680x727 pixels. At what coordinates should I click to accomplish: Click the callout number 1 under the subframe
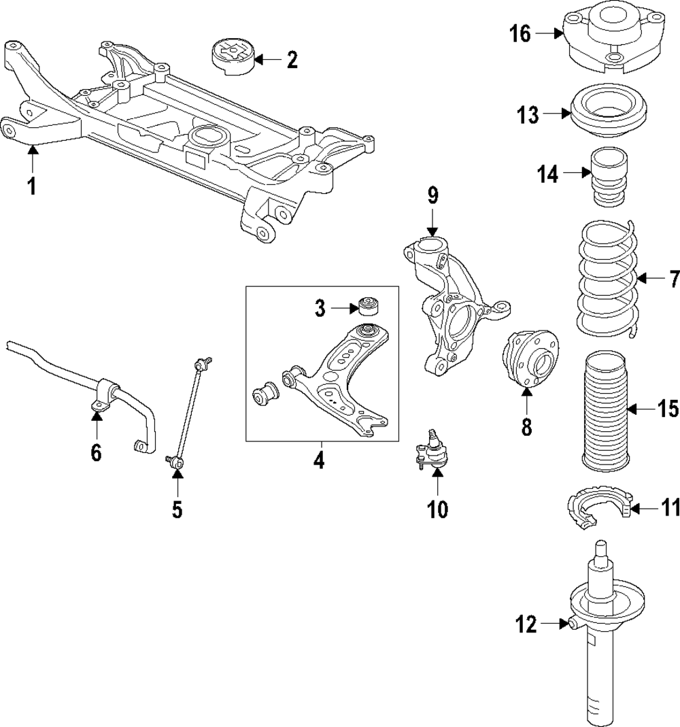[x=31, y=185]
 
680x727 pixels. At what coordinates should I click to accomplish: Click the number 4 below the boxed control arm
[x=319, y=461]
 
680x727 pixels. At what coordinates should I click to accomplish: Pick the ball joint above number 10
[x=430, y=452]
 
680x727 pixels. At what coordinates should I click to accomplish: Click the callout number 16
[x=520, y=33]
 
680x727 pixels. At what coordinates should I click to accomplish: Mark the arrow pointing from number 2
[x=267, y=60]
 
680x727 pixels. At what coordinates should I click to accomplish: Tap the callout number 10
[x=437, y=507]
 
